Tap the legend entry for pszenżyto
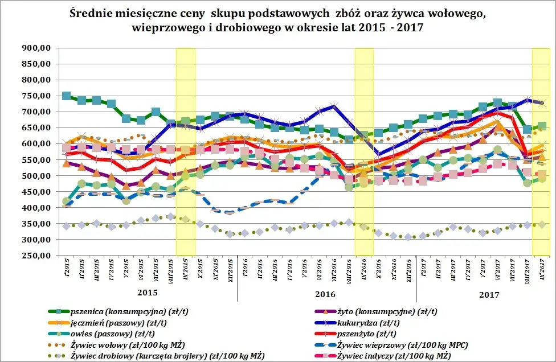387,334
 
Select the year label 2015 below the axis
148,291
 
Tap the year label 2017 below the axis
489,295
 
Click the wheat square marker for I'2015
67,96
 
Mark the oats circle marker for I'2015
67,201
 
